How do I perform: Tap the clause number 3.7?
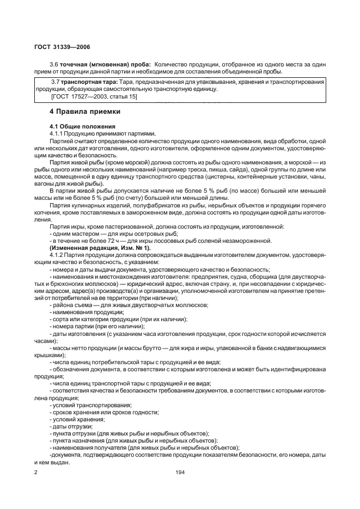[x=54, y=82]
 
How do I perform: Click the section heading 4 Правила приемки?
[x=84, y=112]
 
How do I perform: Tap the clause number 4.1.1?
[x=56, y=133]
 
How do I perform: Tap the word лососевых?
[x=183, y=241]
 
